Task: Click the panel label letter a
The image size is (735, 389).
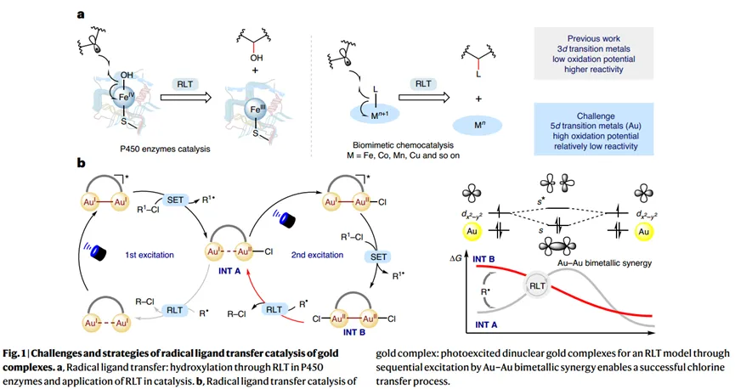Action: pyautogui.click(x=80, y=14)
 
